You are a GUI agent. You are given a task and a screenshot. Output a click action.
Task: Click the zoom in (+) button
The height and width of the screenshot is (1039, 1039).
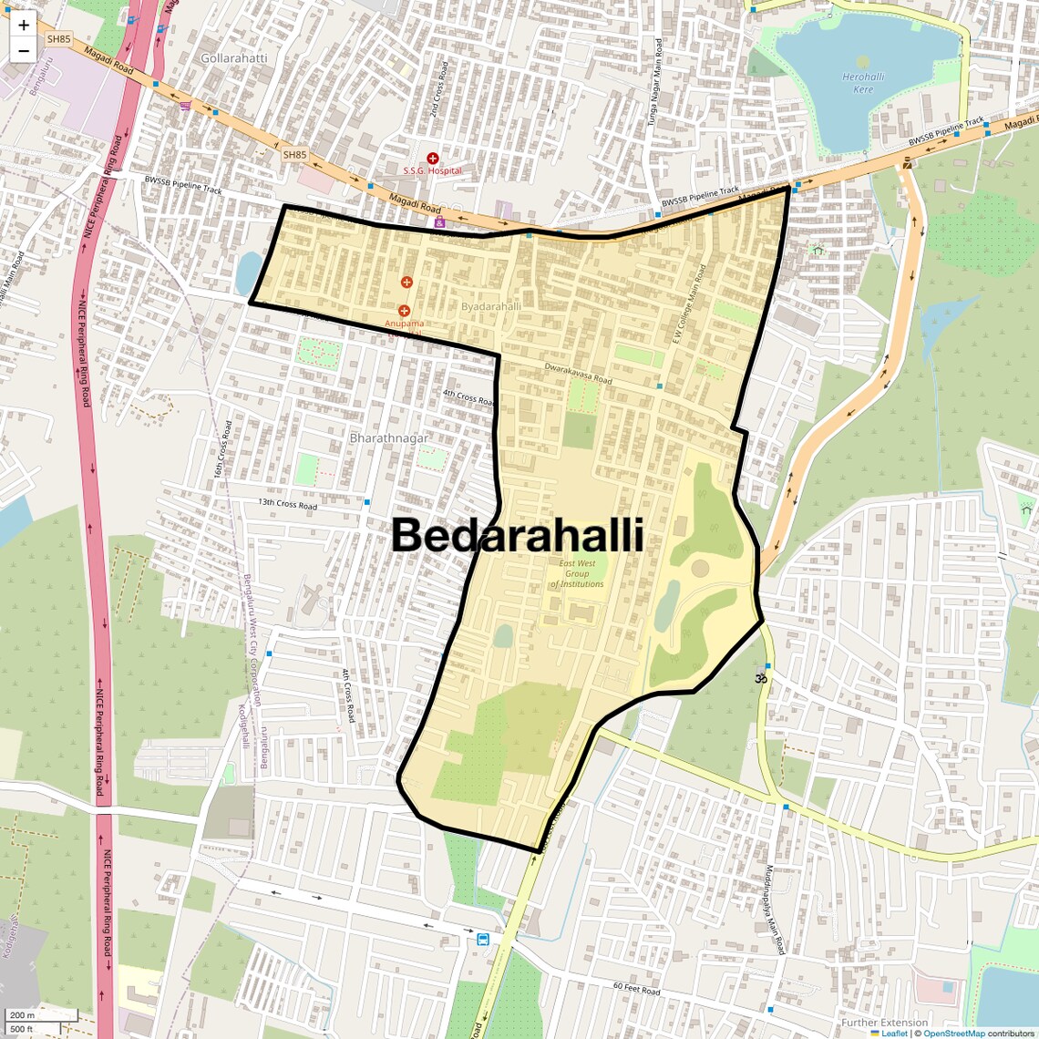(24, 26)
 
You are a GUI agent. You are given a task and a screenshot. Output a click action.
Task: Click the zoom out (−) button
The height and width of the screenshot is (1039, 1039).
(24, 51)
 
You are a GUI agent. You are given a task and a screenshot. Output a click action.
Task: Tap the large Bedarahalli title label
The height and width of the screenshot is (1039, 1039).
(518, 536)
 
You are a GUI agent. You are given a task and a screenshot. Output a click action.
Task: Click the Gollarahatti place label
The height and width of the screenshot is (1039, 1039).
(234, 58)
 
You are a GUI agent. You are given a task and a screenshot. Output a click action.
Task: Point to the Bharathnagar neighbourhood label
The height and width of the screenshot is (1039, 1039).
(389, 438)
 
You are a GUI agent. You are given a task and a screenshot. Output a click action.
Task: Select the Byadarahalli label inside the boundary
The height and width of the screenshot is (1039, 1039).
(491, 306)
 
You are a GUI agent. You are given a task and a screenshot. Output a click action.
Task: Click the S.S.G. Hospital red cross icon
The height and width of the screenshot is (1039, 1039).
(433, 159)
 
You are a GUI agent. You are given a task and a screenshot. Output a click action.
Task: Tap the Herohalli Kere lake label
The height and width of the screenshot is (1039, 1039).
(863, 83)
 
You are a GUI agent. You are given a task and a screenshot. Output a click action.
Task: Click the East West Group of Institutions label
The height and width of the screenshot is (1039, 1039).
(577, 573)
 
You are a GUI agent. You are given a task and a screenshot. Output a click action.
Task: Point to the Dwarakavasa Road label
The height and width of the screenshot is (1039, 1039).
(578, 374)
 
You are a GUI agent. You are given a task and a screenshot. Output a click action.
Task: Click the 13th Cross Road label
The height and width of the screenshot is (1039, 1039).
(287, 504)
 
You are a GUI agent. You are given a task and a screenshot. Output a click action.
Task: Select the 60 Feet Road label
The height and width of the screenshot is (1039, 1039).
(636, 989)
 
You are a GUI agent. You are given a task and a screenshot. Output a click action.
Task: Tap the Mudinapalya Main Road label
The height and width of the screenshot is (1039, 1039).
(775, 910)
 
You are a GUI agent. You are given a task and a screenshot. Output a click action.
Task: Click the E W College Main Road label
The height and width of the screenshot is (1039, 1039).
(689, 303)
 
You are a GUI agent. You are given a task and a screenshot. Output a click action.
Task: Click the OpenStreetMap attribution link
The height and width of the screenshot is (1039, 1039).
(954, 1034)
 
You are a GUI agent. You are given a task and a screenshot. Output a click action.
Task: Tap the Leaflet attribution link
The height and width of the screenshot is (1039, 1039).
(893, 1034)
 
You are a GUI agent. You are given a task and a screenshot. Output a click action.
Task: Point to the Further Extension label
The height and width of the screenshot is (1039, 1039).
(884, 1023)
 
